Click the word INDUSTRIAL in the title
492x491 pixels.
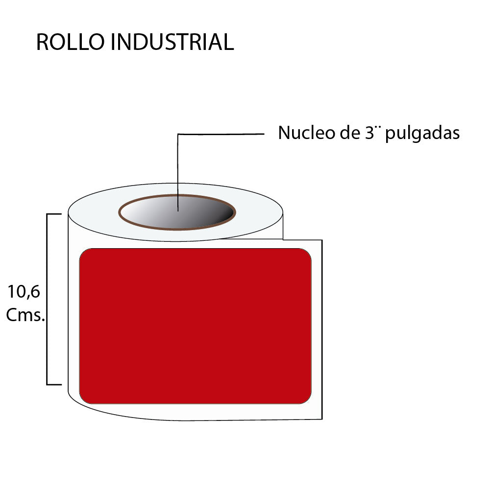click(172, 43)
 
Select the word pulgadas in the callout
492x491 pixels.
click(422, 134)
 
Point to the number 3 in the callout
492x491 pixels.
click(370, 133)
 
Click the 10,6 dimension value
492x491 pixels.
click(24, 292)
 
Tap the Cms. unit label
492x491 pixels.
click(25, 315)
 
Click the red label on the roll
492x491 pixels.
click(195, 326)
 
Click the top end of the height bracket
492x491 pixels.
click(54, 214)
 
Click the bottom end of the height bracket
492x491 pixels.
click(54, 385)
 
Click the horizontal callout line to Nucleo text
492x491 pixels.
click(221, 134)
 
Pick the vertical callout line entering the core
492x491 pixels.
click(178, 171)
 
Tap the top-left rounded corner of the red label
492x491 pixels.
click(84, 253)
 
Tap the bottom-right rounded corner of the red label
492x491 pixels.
click(307, 399)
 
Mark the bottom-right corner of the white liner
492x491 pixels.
click(321, 419)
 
